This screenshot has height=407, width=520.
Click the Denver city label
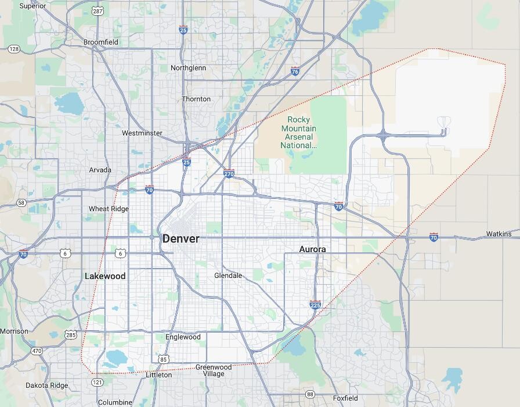click(x=180, y=238)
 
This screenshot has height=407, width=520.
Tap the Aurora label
click(x=312, y=249)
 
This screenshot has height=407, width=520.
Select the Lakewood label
click(x=105, y=276)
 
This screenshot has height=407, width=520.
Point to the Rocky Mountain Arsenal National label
click(x=299, y=133)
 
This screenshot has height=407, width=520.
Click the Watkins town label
click(x=499, y=234)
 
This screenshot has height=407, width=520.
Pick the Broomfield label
click(x=101, y=42)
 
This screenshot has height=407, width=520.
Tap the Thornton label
click(x=196, y=99)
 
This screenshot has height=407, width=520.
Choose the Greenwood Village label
click(x=214, y=370)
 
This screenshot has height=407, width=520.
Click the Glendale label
click(x=228, y=275)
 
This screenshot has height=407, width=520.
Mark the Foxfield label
click(x=345, y=398)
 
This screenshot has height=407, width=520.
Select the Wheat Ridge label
click(x=109, y=209)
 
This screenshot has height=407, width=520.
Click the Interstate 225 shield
click(x=315, y=304)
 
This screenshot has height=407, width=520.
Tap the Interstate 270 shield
click(x=229, y=173)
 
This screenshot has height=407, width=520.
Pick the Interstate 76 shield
click(x=295, y=71)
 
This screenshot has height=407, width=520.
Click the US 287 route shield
click(x=98, y=11)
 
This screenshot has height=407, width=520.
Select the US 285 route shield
click(x=71, y=335)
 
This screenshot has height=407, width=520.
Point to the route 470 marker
click(x=37, y=351)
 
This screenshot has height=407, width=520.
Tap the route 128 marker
click(x=14, y=49)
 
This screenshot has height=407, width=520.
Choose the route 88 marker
click(x=310, y=395)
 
